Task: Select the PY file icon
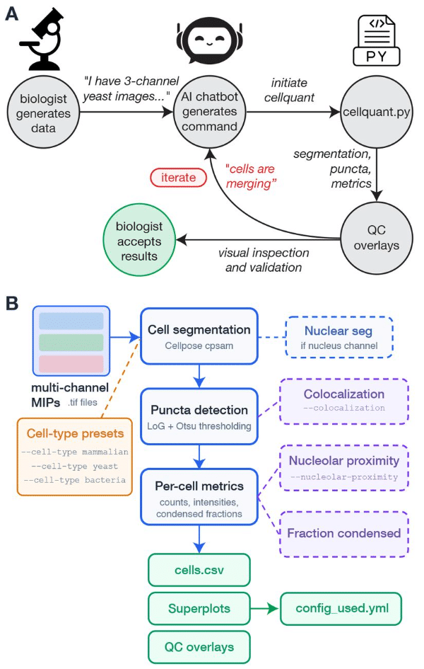click(376, 42)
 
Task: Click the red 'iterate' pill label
click(177, 177)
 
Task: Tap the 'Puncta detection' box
click(199, 416)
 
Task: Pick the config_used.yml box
click(340, 609)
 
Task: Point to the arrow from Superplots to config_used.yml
click(265, 609)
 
